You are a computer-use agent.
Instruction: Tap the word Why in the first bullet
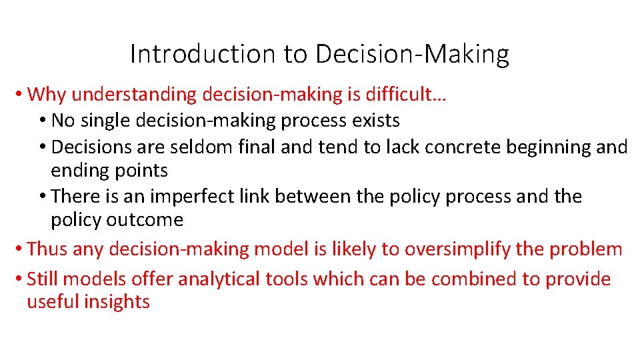click(x=47, y=95)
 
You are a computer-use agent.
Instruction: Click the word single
click(x=111, y=121)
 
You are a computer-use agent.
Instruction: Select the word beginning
click(x=545, y=147)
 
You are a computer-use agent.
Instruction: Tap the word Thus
click(x=47, y=249)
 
